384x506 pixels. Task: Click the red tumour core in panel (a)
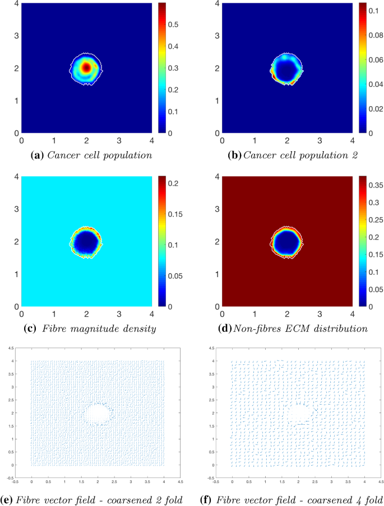86,67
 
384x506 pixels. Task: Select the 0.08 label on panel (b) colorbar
376,35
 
